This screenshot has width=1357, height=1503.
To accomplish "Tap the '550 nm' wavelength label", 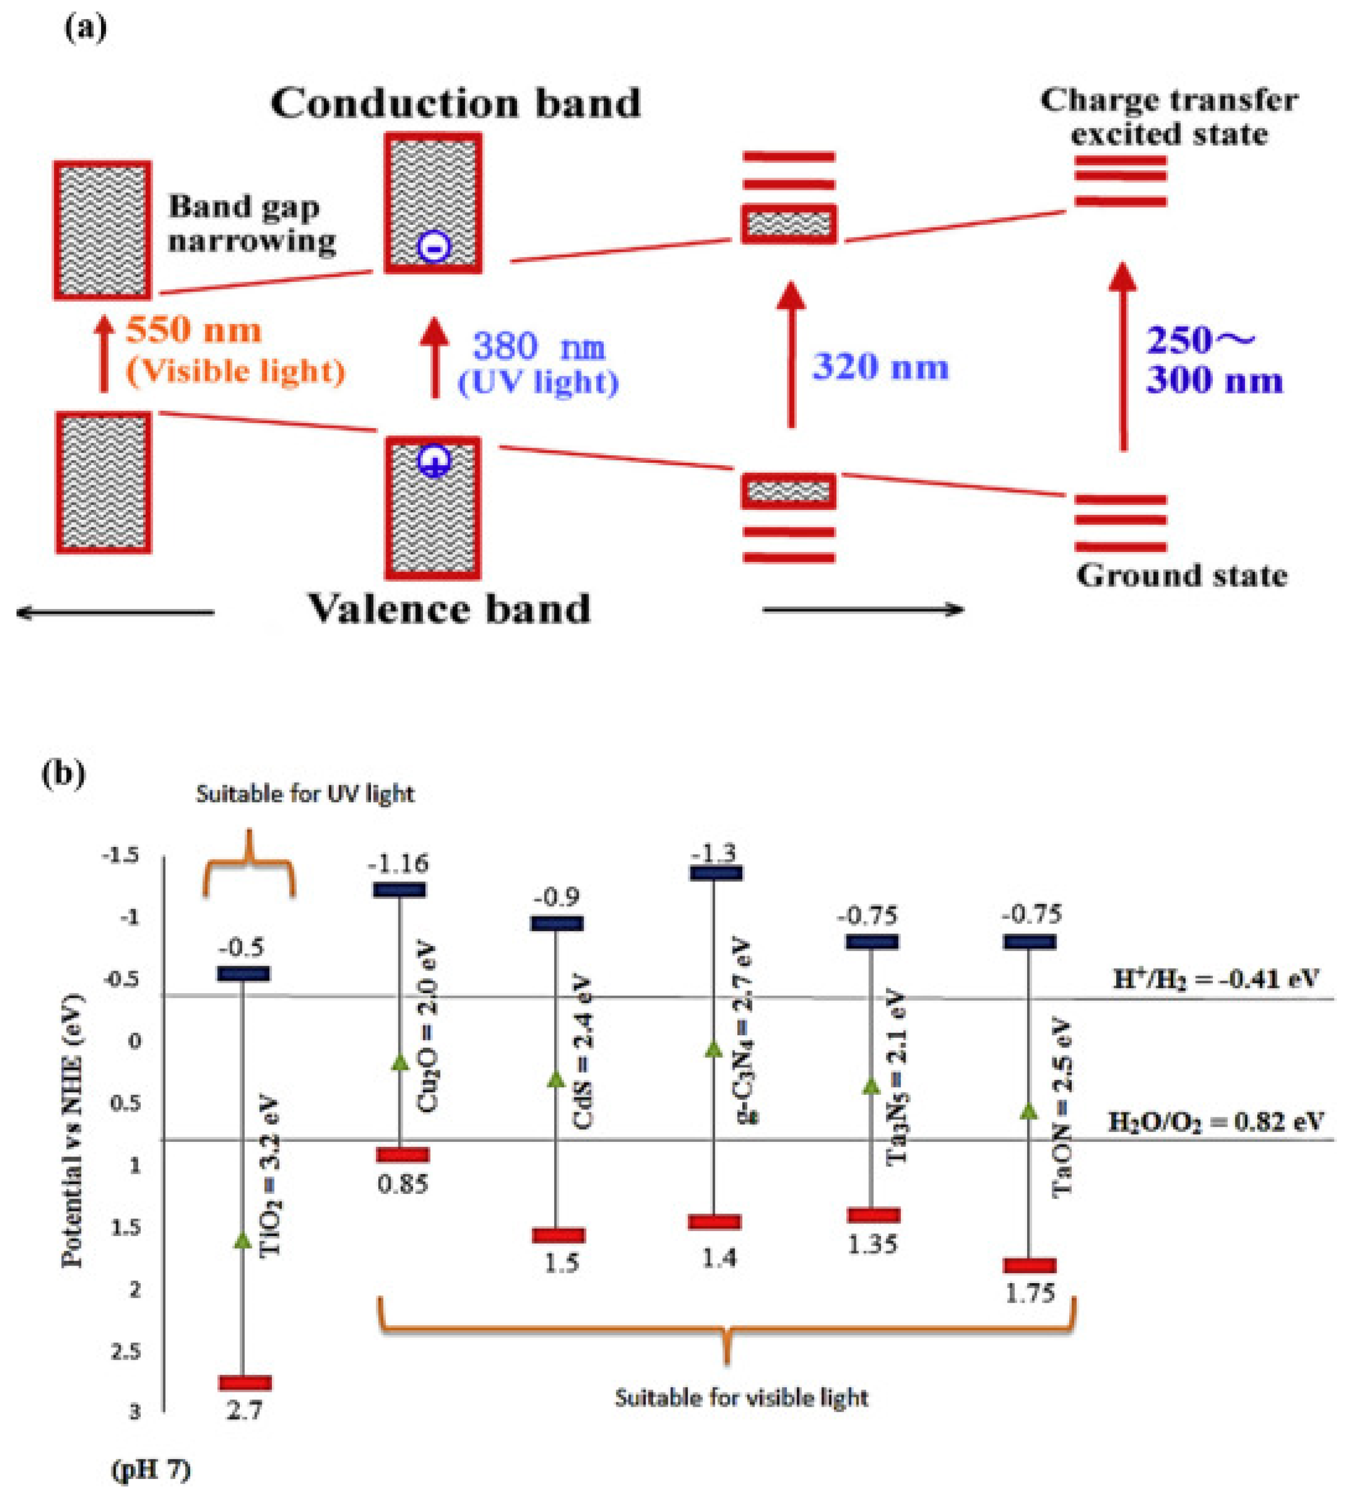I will (x=194, y=330).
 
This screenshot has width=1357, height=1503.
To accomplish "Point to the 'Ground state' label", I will (x=1181, y=575).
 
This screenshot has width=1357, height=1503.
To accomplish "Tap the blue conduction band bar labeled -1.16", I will (x=399, y=889).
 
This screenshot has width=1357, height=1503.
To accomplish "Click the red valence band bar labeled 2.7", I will (x=244, y=1383).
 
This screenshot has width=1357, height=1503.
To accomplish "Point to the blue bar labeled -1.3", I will (x=715, y=873).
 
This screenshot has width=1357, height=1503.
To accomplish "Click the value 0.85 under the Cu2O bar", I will (x=402, y=1183).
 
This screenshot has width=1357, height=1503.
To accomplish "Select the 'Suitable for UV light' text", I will (x=305, y=794).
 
